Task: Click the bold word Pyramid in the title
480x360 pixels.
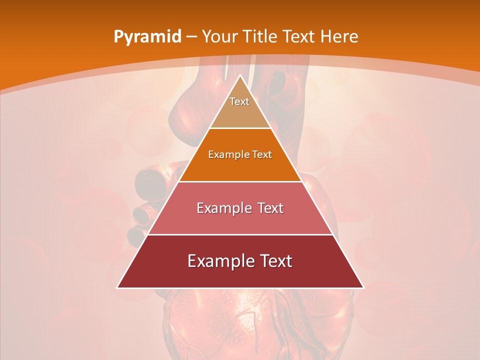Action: click(x=147, y=37)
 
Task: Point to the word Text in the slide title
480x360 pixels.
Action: click(x=299, y=36)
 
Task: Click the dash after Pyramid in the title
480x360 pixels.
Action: click(x=191, y=37)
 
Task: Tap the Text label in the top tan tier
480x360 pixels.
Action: click(x=239, y=101)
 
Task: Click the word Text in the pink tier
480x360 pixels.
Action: click(x=270, y=208)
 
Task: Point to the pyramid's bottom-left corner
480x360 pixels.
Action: click(x=117, y=287)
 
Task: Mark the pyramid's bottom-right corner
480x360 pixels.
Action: click(x=363, y=287)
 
